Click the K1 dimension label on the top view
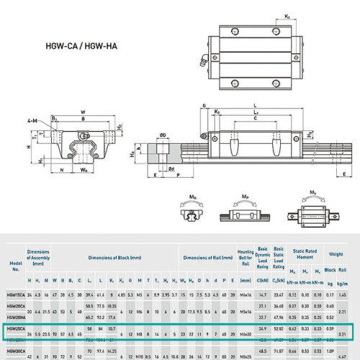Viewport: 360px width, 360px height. [267, 16]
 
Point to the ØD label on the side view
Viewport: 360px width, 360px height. [165, 134]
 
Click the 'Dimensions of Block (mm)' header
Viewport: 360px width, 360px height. [109, 257]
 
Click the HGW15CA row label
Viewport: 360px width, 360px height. [15, 295]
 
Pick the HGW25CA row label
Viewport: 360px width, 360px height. [15, 328]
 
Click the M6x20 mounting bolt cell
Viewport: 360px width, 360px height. [246, 335]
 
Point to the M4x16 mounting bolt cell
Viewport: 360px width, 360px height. [246, 295]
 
